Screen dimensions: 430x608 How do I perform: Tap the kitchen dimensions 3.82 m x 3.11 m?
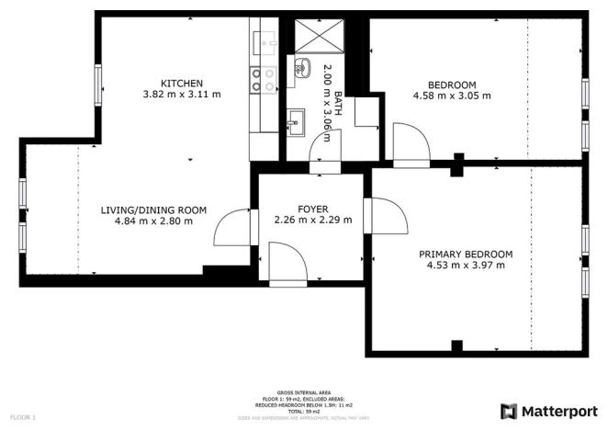point(182,94)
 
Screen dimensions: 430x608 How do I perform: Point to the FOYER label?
point(313,209)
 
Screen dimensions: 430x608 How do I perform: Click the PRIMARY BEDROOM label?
point(466,255)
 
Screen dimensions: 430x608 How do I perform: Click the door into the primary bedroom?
point(386,217)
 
